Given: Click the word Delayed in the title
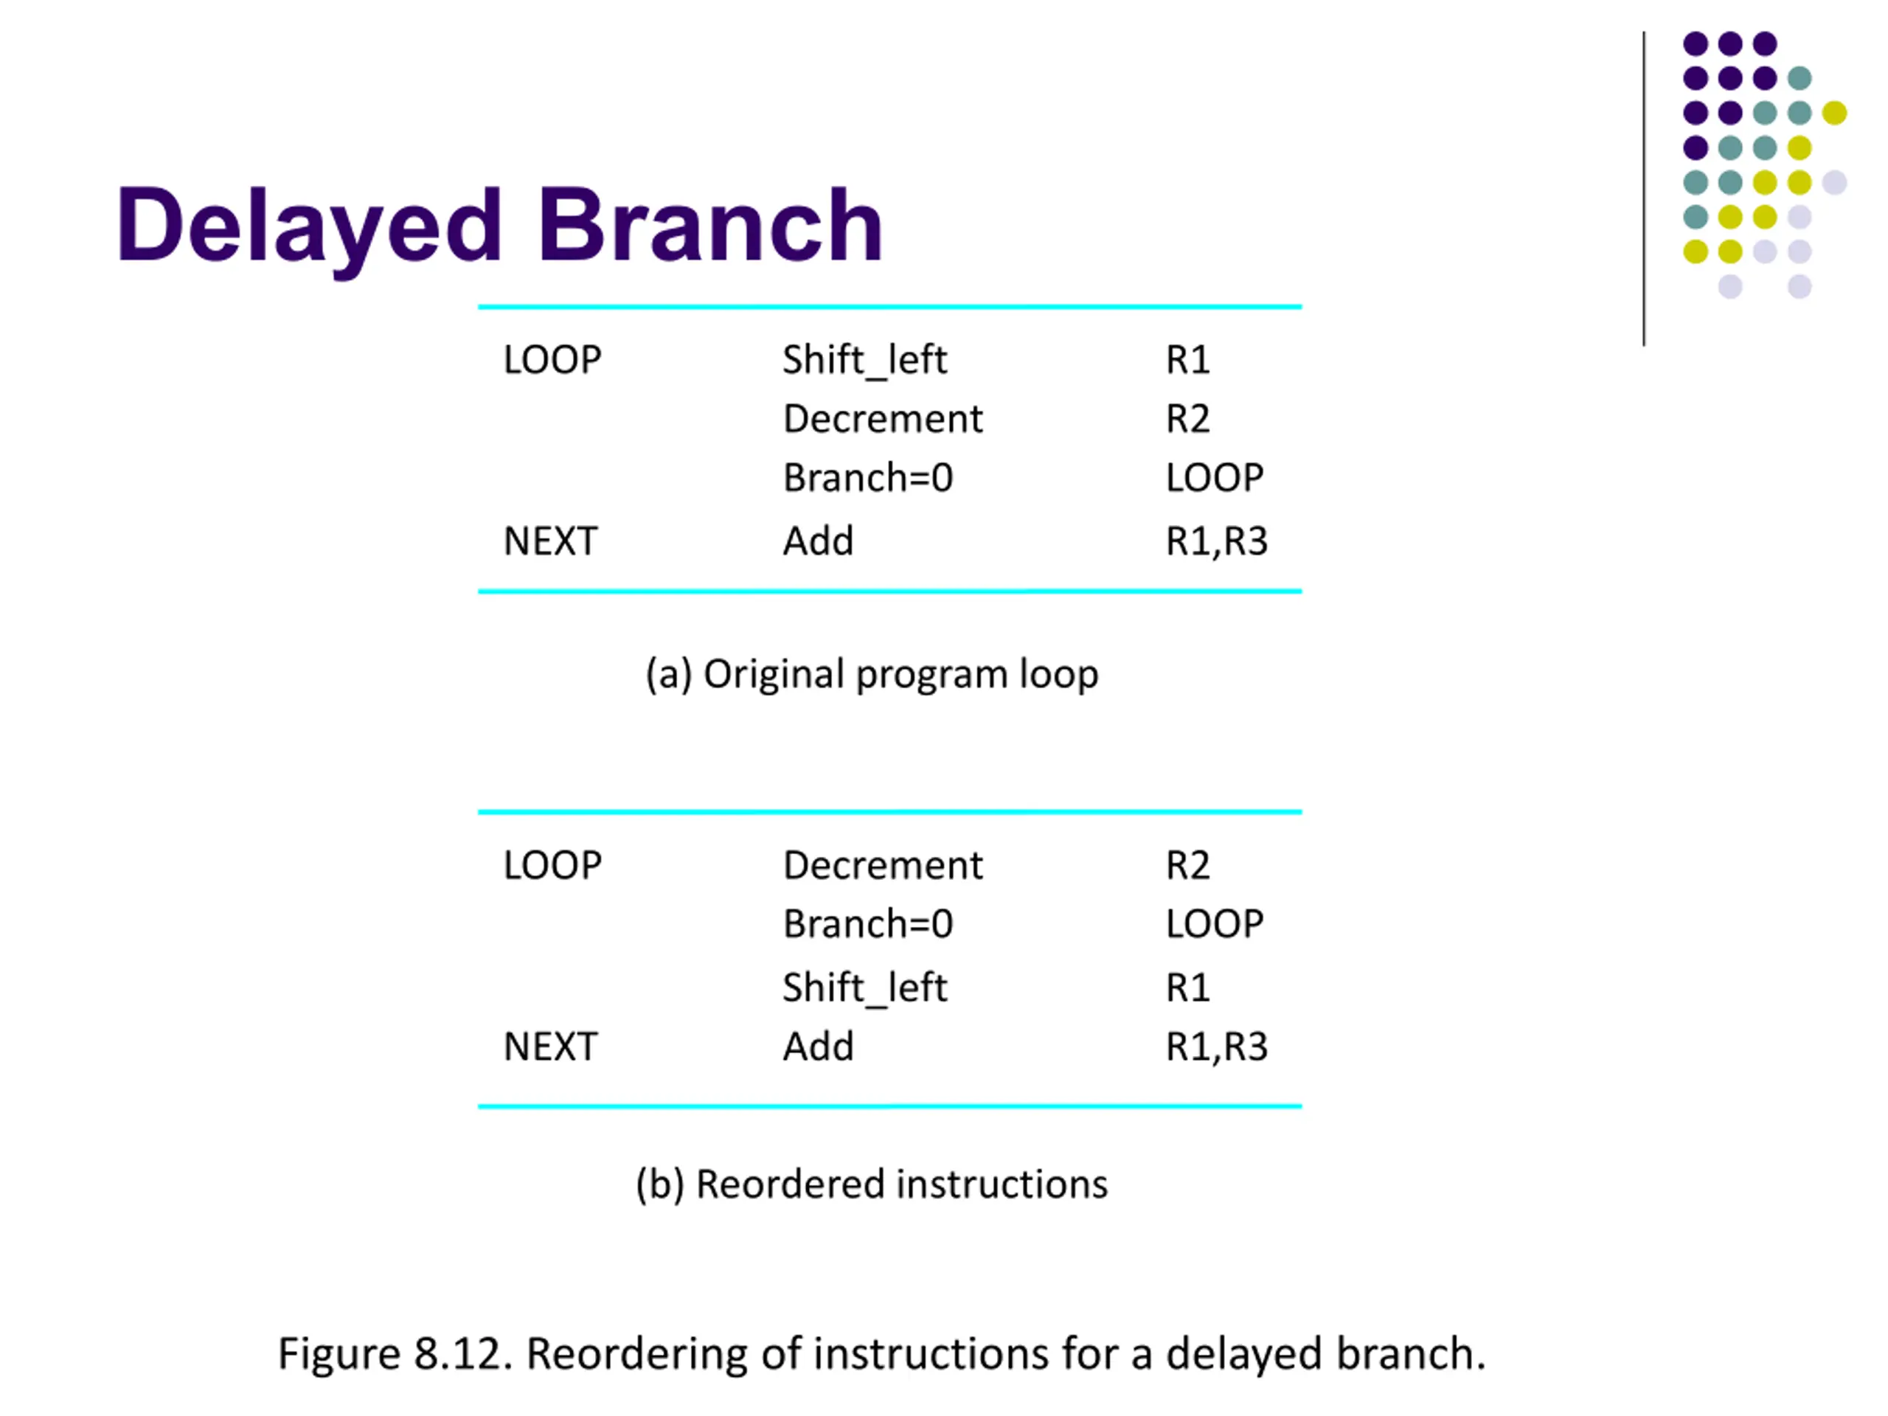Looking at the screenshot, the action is click(308, 227).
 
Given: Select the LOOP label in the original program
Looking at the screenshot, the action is click(552, 359).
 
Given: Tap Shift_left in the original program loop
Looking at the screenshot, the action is click(864, 360).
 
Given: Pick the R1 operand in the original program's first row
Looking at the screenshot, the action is click(1187, 359).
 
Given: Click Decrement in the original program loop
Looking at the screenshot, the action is click(883, 418).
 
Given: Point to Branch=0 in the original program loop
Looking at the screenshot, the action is click(868, 477).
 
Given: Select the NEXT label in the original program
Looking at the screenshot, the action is click(550, 541).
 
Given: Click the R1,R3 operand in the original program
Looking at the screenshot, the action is click(1216, 541).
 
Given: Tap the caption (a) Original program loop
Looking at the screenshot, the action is click(872, 674).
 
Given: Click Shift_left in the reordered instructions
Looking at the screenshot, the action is click(864, 988).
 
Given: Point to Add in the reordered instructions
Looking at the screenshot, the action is click(818, 1046).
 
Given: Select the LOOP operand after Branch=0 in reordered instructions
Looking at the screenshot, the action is click(1215, 923).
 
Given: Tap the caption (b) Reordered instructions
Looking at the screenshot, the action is click(872, 1184).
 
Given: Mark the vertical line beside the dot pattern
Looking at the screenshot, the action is click(1643, 189).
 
